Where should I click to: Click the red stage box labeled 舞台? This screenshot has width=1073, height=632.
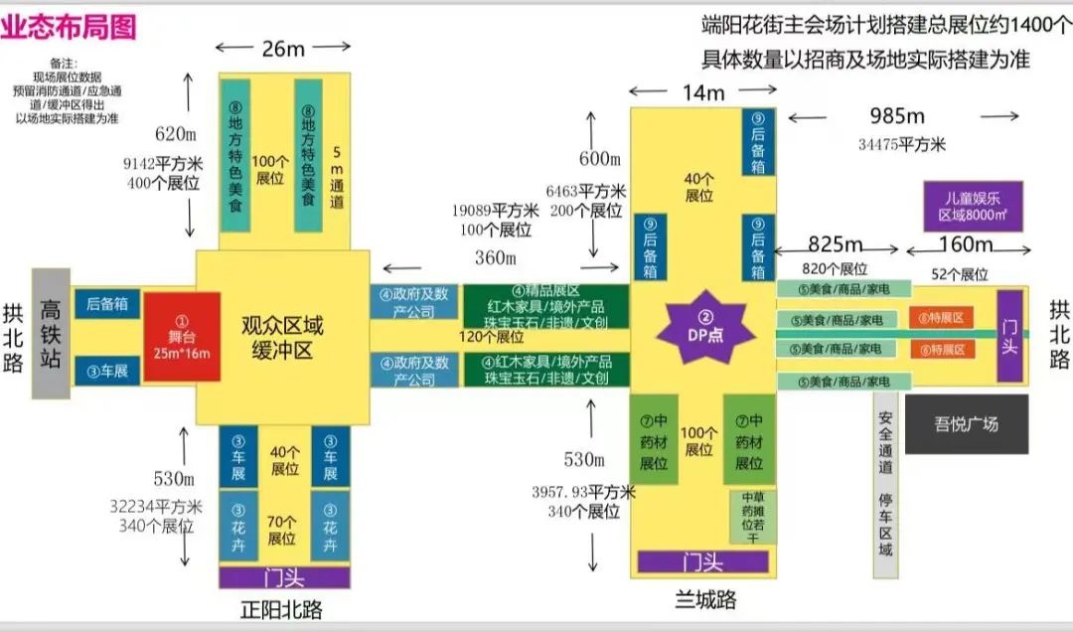pos(181,337)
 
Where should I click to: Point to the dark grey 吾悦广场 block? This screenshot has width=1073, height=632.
pos(966,424)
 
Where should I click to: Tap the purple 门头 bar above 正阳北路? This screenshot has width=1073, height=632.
pos(284,577)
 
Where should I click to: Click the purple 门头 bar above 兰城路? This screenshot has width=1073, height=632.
pos(702,561)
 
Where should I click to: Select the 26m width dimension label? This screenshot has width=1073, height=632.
pos(283,48)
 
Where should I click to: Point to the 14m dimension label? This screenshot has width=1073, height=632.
pos(703,93)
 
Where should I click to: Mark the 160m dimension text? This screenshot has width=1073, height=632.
pos(966,244)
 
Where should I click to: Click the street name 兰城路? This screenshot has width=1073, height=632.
pos(702,600)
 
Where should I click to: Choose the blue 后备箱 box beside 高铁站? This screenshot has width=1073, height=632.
pos(107,305)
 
